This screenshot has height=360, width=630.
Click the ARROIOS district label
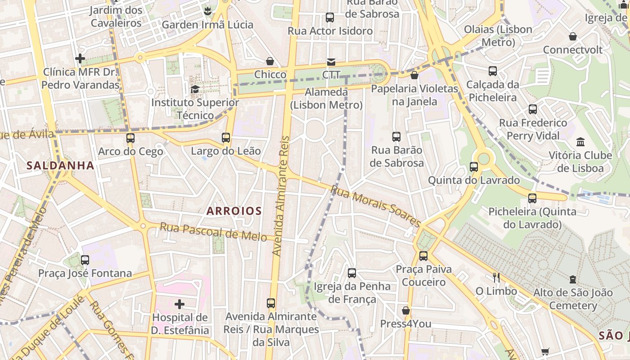pyautogui.click(x=234, y=211)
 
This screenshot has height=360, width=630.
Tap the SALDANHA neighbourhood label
pyautogui.click(x=60, y=166)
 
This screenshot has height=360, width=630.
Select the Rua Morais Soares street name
pyautogui.click(x=376, y=206)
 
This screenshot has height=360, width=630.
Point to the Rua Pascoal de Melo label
pyautogui.click(x=213, y=232)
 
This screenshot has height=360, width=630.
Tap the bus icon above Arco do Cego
pyautogui.click(x=130, y=138)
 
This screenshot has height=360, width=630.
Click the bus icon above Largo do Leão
pyautogui.click(x=226, y=138)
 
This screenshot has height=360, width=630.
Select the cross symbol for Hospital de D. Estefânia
pyautogui.click(x=180, y=304)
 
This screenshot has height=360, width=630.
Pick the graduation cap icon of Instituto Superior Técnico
pyautogui.click(x=195, y=89)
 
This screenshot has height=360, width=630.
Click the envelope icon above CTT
pyautogui.click(x=331, y=62)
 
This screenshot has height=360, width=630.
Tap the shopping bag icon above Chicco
pyautogui.click(x=270, y=61)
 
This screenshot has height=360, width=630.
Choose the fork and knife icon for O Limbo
pyautogui.click(x=496, y=277)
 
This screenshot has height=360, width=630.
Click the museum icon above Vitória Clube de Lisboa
pyautogui.click(x=580, y=142)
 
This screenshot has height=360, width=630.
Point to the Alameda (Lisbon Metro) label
pyautogui.click(x=326, y=99)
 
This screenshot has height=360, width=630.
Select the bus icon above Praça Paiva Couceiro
pyautogui.click(x=423, y=256)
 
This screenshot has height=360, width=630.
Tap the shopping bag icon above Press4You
pyautogui.click(x=406, y=310)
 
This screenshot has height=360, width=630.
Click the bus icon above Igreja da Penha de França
pyautogui.click(x=352, y=273)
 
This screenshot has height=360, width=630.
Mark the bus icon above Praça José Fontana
pyautogui.click(x=85, y=260)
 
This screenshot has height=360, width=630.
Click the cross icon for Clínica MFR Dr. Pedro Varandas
pyautogui.click(x=80, y=58)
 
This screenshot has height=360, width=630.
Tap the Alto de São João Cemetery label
pyautogui.click(x=573, y=299)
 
